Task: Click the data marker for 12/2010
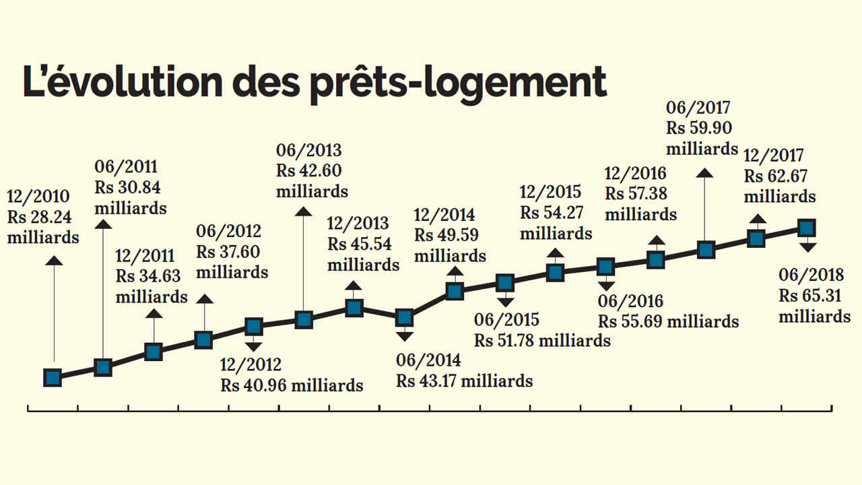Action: click(x=53, y=377)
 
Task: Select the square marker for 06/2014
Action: click(x=404, y=317)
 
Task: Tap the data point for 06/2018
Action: click(x=806, y=228)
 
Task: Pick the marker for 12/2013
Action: click(x=354, y=308)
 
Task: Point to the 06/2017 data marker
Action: click(x=705, y=250)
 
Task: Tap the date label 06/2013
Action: click(x=308, y=150)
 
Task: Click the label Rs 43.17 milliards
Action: click(x=465, y=381)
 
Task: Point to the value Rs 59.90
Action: click(x=699, y=128)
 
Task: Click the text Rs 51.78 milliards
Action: click(x=542, y=340)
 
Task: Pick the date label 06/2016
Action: click(x=630, y=301)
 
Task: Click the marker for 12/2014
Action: click(x=455, y=291)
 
